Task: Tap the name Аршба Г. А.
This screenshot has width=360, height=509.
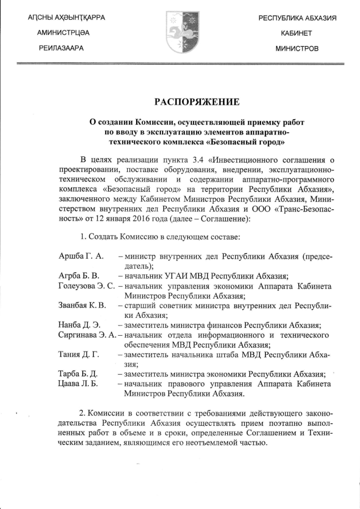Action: click(x=81, y=256)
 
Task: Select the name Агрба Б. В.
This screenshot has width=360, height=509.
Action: click(x=79, y=276)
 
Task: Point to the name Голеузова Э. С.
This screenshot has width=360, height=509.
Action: click(x=87, y=286)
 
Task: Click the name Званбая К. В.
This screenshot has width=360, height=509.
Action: click(x=82, y=305)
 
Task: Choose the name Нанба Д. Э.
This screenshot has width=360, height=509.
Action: click(x=79, y=325)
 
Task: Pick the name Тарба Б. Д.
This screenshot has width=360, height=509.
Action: click(x=79, y=374)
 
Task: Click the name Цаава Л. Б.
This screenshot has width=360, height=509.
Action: click(x=78, y=384)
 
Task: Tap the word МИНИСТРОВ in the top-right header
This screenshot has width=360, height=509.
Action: click(x=296, y=48)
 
